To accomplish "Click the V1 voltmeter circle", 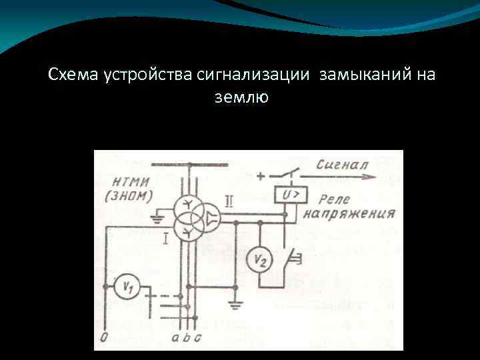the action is click(125, 287).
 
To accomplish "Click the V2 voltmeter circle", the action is click(258, 261).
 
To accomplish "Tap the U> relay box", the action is click(288, 195).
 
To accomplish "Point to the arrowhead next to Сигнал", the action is click(370, 178).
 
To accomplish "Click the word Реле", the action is click(334, 199).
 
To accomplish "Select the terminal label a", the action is click(175, 338).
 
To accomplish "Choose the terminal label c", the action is click(198, 338).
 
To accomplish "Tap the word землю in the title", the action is click(241, 97).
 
